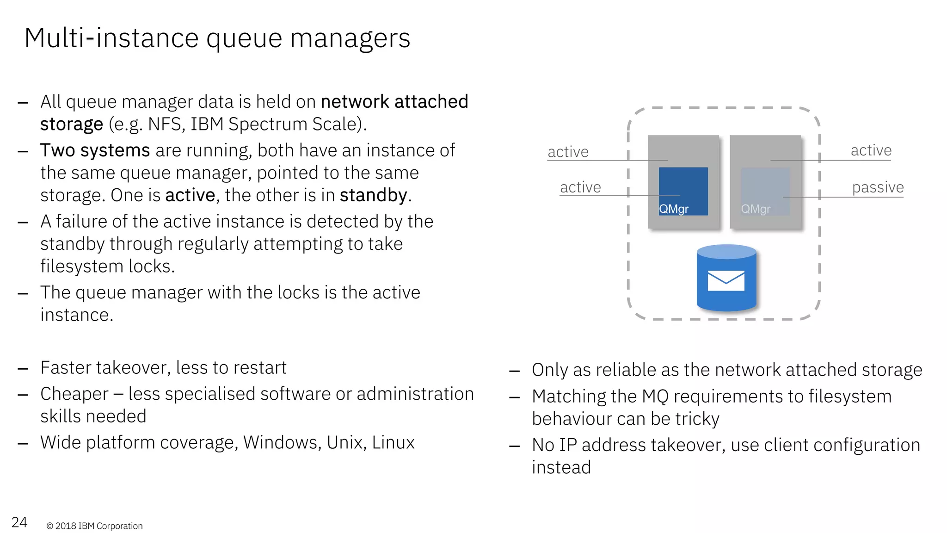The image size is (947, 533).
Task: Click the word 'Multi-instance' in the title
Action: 111,38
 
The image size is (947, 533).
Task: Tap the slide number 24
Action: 19,522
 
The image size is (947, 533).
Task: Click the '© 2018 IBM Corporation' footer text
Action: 94,526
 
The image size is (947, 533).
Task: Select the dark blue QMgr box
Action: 683,191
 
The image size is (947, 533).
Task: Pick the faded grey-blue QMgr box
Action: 765,191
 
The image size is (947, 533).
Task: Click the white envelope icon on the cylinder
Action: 726,281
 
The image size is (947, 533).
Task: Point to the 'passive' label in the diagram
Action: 878,187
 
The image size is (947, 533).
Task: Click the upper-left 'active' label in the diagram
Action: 568,152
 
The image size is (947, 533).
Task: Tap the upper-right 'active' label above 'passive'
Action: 871,150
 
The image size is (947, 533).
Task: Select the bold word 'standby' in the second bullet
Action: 373,195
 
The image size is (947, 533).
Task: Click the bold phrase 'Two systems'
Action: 95,150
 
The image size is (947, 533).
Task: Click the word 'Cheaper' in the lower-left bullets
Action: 74,394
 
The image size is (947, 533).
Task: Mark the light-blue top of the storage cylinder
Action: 726,252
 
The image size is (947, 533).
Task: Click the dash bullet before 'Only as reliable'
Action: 514,371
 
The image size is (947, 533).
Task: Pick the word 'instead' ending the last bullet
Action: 561,467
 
